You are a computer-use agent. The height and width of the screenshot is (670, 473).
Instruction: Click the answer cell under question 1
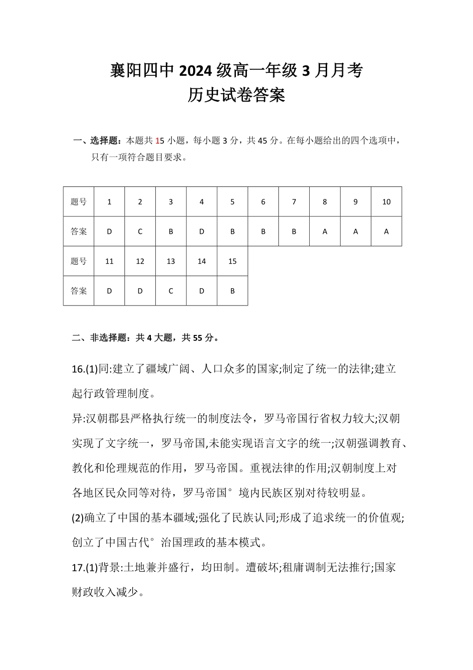coord(110,231)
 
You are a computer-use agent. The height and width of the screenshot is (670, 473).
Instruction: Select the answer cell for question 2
coord(140,231)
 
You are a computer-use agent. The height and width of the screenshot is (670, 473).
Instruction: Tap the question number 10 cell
coord(386,202)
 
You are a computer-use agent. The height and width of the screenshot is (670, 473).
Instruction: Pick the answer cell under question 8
coord(325,231)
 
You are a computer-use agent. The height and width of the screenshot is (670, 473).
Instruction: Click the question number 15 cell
coord(233,261)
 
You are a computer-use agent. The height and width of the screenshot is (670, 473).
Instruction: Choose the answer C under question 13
coord(171,291)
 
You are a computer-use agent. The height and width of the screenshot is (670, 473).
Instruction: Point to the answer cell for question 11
coord(110,291)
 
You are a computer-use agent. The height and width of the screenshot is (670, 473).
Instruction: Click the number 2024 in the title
coord(197,71)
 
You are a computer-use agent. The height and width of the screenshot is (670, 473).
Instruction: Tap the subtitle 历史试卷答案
coord(236,95)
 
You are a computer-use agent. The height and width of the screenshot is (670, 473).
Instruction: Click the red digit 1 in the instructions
coord(157,141)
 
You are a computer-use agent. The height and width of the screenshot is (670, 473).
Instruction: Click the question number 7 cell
coord(294,202)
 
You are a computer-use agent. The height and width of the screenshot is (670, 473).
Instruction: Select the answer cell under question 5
coord(233,231)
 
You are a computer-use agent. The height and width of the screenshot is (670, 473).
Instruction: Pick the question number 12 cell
coord(140,261)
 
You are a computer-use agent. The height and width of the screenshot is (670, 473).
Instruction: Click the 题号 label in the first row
coord(79,202)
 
